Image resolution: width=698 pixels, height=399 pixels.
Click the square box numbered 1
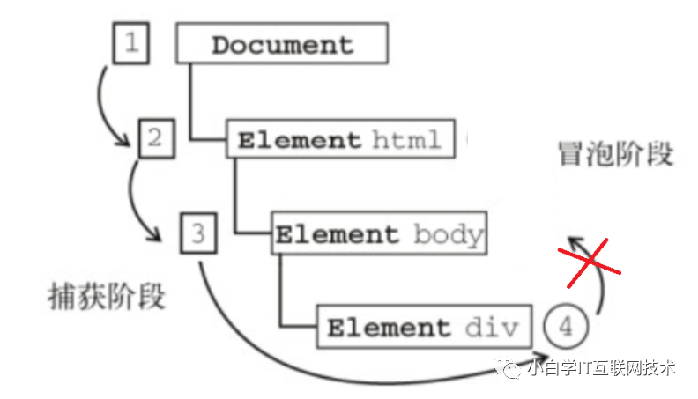(131, 43)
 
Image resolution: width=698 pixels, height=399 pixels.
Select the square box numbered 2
(155, 138)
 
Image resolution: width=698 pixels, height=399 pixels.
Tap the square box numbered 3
(197, 233)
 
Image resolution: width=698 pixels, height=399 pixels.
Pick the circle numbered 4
(566, 327)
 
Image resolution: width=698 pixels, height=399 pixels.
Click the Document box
(282, 44)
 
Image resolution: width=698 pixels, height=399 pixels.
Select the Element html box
(341, 140)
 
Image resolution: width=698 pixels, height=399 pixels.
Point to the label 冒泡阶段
(616, 154)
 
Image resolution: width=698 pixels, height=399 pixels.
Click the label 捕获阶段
(107, 297)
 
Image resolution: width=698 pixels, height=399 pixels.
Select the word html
(406, 140)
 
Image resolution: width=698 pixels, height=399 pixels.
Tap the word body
(448, 235)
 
